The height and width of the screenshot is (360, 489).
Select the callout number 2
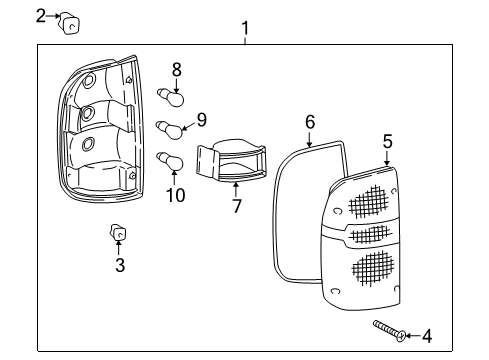coord(41,15)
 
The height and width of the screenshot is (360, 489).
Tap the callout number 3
coord(119,265)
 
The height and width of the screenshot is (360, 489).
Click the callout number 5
coord(387,142)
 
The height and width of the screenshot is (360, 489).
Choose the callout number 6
coord(310,121)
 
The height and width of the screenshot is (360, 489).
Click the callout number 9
coord(201,120)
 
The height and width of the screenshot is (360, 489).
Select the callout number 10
coord(175,195)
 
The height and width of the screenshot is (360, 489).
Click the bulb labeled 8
coord(172,97)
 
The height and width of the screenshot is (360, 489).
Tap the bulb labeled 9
coord(172,128)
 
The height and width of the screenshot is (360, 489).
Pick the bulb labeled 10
coord(171,159)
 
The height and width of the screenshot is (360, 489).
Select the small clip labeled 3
coord(118,235)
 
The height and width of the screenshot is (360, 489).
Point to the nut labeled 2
coord(69,21)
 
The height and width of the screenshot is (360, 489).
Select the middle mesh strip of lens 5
coord(368,235)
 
